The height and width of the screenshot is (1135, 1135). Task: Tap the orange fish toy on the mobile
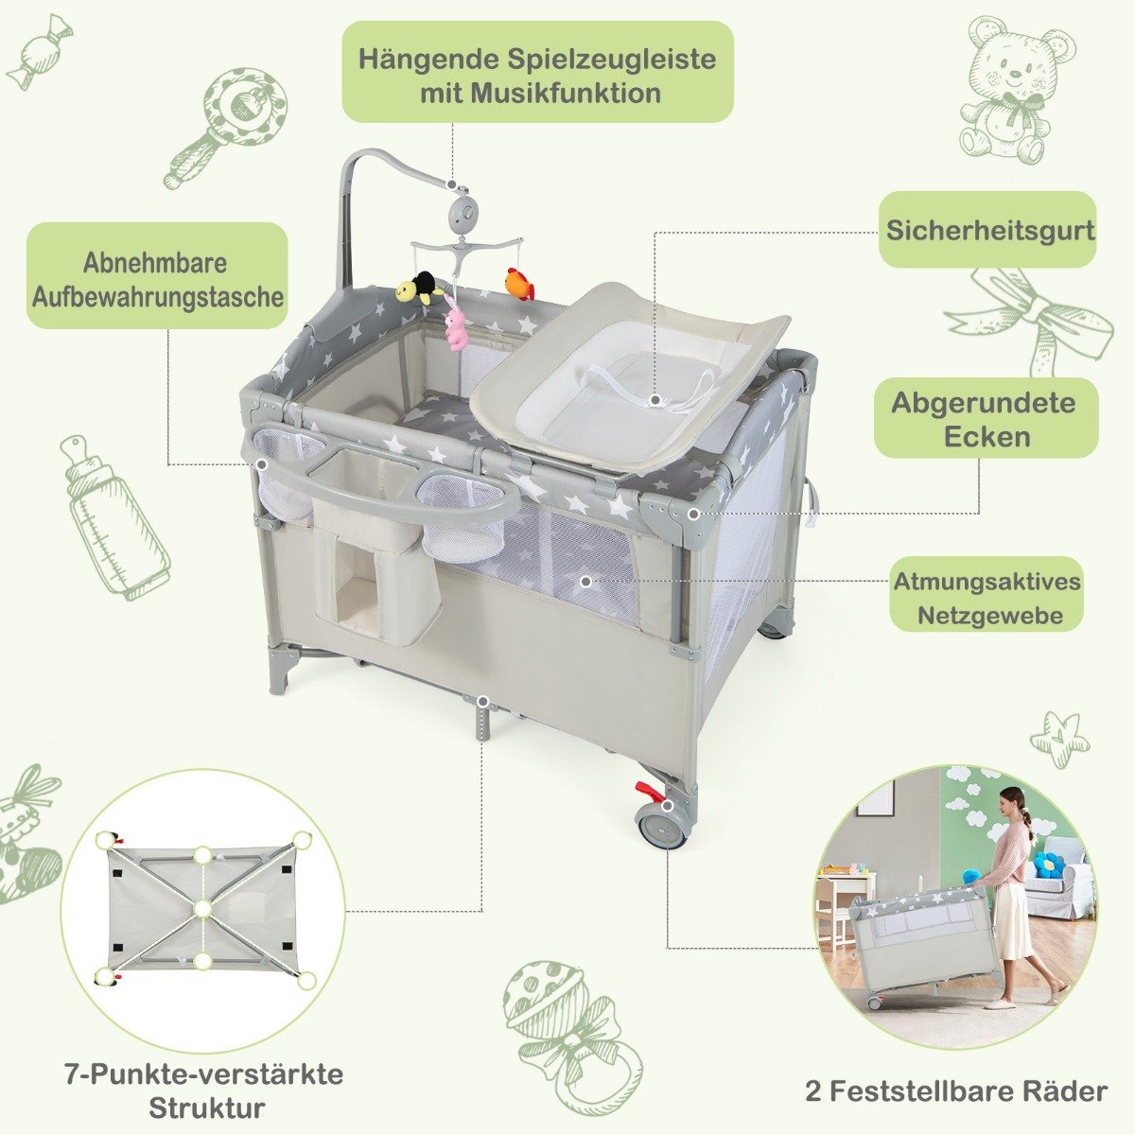519,284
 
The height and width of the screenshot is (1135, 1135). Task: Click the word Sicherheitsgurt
990,230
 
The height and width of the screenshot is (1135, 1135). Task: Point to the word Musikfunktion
540,94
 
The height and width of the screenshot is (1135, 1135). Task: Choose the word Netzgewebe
990,616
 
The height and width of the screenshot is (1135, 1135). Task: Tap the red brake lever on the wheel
647,789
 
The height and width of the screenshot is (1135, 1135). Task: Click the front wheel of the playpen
661,827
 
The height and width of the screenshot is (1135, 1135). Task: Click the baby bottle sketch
113,517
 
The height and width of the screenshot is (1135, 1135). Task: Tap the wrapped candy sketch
40,52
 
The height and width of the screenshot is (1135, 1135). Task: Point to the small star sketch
1058,733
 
